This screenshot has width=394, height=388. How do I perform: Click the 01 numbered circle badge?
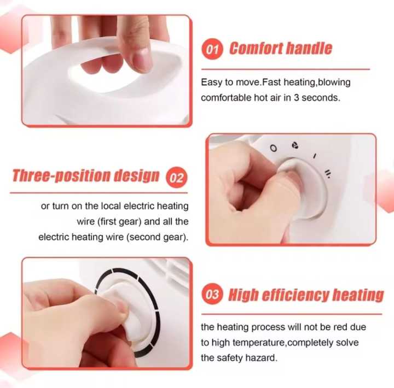click(212, 50)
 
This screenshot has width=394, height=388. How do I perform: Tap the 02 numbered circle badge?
click(177, 178)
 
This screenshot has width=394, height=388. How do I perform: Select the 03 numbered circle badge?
click(212, 295)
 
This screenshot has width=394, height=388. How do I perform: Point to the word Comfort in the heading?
click(254, 48)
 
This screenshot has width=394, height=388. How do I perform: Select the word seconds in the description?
click(321, 98)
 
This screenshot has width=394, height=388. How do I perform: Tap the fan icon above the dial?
click(295, 145)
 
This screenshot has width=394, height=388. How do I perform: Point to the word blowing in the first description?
click(334, 83)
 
